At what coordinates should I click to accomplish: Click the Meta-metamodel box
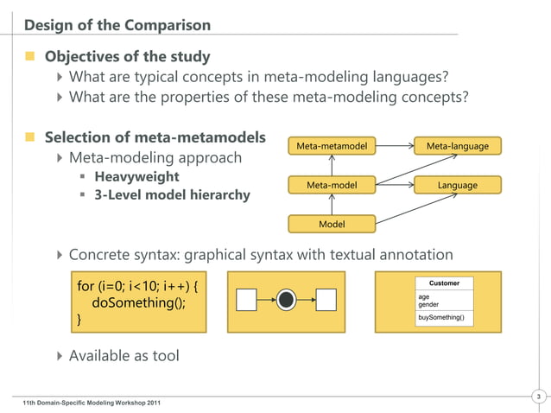(331, 146)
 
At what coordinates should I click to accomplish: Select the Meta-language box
(457, 146)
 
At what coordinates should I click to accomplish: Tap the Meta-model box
(331, 185)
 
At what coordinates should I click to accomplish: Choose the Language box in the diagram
(457, 185)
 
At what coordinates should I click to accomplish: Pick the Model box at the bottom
(331, 224)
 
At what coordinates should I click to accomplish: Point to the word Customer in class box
(444, 283)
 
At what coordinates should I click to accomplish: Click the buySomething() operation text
(440, 318)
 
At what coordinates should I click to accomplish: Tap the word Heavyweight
(136, 177)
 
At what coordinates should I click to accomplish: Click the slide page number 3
(538, 397)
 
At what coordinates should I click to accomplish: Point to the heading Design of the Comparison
(117, 24)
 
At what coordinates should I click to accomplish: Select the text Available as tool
(123, 355)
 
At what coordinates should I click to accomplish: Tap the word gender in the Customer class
(428, 304)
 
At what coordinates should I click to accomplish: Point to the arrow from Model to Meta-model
(331, 205)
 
